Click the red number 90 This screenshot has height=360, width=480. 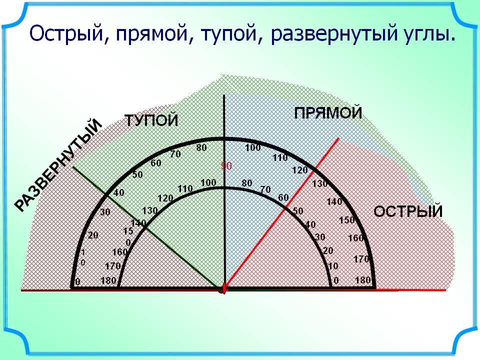(x=226, y=166)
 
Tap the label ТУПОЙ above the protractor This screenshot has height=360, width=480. (x=151, y=120)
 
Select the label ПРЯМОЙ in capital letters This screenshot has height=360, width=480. (x=328, y=113)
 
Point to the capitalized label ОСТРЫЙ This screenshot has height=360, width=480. (x=408, y=211)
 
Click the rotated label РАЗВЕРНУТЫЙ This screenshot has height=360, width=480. (x=58, y=165)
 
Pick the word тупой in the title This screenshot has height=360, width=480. (x=229, y=33)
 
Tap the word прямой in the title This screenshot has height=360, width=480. (x=152, y=33)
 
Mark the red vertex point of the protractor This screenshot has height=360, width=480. (x=223, y=289)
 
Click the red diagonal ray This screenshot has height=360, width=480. (x=282, y=213)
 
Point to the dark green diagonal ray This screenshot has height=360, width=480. (x=148, y=227)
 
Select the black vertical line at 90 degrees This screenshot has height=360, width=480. (x=224, y=191)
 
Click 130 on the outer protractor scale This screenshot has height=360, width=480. (x=320, y=184)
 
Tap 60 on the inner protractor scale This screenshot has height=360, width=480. (x=283, y=197)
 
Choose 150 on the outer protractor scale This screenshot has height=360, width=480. (x=347, y=220)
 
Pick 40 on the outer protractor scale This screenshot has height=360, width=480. (x=119, y=192)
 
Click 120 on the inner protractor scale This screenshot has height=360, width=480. (x=165, y=198)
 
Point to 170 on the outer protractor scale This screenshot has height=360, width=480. (x=361, y=259)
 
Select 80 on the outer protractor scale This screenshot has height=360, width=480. (x=201, y=147)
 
